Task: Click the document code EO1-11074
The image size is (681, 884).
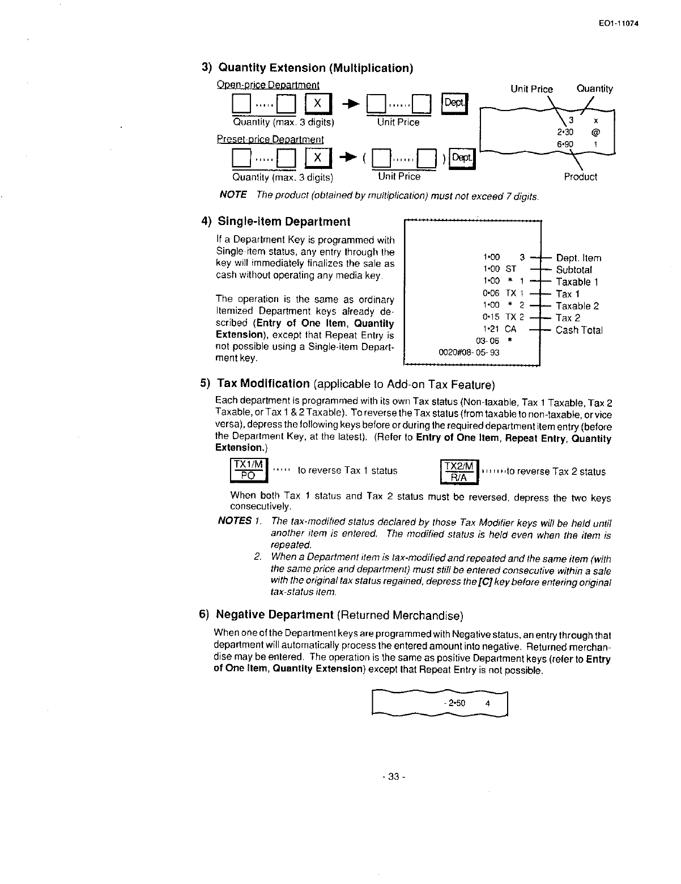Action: coord(622,23)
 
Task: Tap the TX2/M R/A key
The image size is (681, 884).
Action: coord(459,471)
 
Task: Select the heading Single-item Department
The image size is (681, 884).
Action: coord(283,222)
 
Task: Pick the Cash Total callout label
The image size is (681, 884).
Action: coord(579,330)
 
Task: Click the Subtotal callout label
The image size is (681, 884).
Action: coord(573,270)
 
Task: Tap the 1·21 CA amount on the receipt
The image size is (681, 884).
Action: coord(491,329)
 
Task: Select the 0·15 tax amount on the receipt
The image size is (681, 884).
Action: coord(491,317)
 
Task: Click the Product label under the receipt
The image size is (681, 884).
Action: coord(580,177)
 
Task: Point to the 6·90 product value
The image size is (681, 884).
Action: coord(564,144)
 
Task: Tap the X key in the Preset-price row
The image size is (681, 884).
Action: coord(317,159)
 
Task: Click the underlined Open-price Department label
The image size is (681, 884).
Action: coord(268,86)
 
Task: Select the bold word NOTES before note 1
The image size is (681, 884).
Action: coord(235,520)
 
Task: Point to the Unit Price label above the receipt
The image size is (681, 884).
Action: coord(531,89)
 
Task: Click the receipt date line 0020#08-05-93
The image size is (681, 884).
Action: coord(469,352)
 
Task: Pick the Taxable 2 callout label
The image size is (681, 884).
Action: coord(577,306)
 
